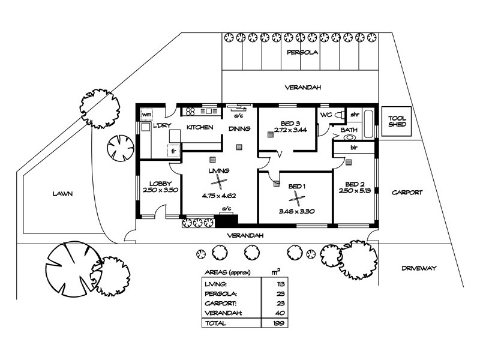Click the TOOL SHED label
click(x=397, y=122)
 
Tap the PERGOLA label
click(x=302, y=52)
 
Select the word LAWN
click(x=62, y=193)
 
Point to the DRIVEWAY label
click(x=419, y=268)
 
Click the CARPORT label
click(x=407, y=193)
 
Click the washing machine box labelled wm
click(x=146, y=113)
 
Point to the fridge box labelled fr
click(x=174, y=151)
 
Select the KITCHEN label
click(x=199, y=127)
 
